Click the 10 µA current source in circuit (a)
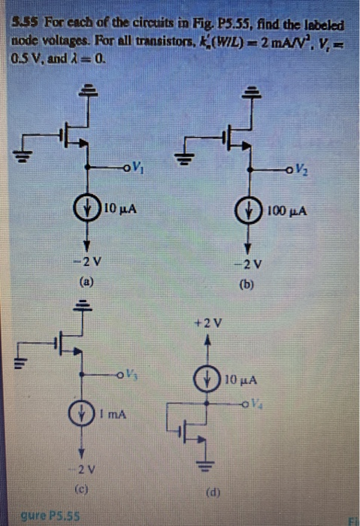click(88, 208)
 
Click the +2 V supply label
click(212, 324)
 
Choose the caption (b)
click(247, 286)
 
